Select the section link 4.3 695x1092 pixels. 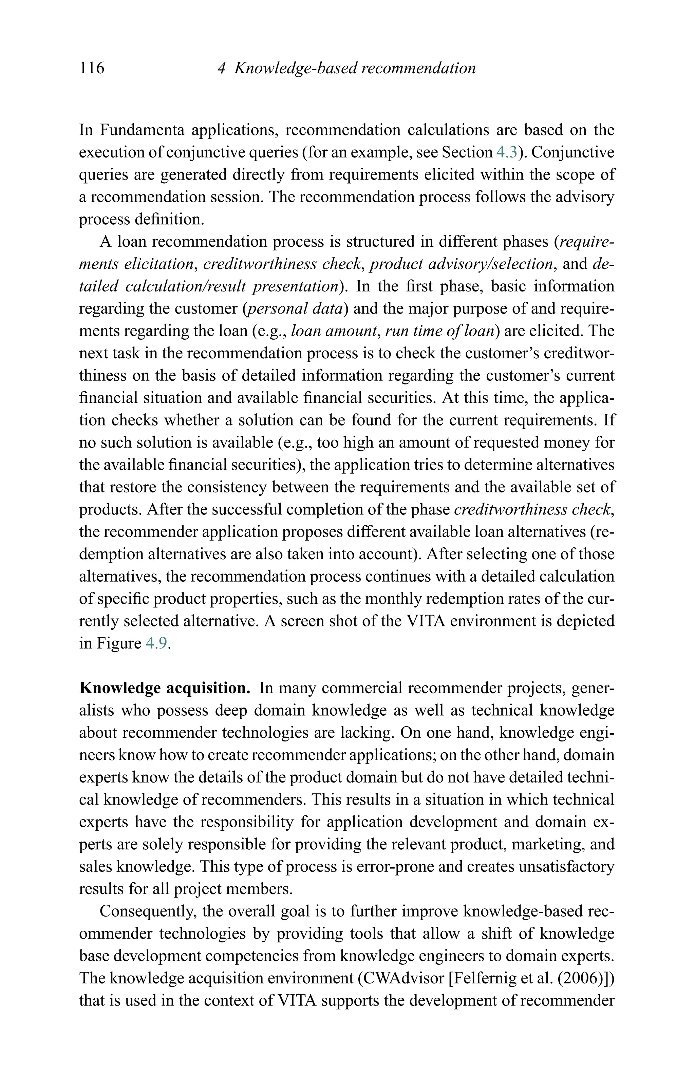point(506,152)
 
